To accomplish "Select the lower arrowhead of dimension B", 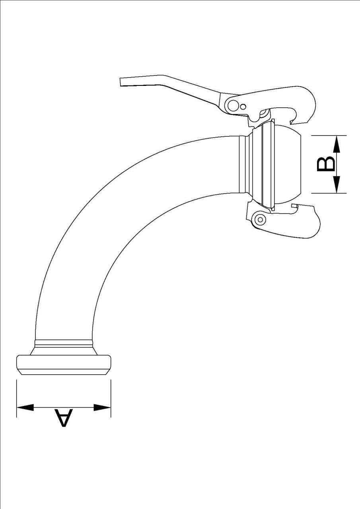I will pos(337,185).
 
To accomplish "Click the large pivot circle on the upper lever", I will pos(234,105).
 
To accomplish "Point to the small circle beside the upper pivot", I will pos(243,106).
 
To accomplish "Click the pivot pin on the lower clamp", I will pos(260,219).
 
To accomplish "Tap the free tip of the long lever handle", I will pos(123,82).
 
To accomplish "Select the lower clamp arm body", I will pos(294,225).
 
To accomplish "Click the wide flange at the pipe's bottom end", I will pos(64,363).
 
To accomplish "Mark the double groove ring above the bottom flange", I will pos(64,342).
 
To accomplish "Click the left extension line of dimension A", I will pos(16,398).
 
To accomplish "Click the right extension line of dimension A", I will pos(111,398).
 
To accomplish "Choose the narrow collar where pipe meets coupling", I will pos(242,164).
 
